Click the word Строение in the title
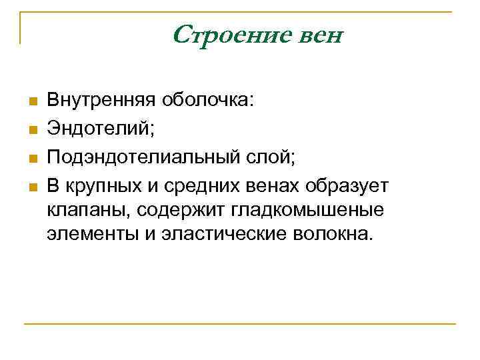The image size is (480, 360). pyautogui.click(x=227, y=34)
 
